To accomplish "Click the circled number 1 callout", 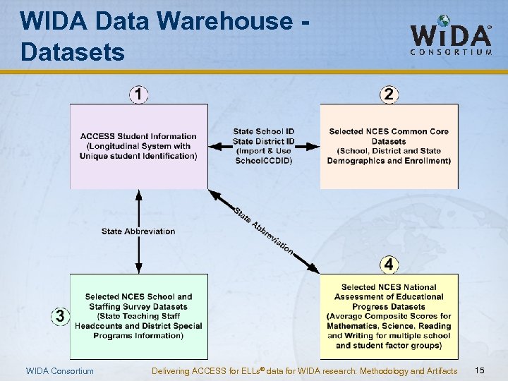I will pos(139,94).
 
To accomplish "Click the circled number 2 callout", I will pos(389,94).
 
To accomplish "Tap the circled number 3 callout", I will pos(60,317).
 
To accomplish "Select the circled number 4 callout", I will pos(389,265).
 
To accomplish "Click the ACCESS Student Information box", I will pos(138,146).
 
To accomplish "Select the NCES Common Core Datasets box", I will pos(389,146).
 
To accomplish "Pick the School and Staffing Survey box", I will pos(138,316).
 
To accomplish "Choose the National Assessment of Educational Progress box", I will pos(389,316).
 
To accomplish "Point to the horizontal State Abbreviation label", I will pos(138,231).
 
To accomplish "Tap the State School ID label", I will pos(264,131).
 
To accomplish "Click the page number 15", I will pos(480,370).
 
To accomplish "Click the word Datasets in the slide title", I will pos(73,52).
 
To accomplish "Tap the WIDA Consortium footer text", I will pos(59,371).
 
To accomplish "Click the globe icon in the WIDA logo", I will pos(443,22).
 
